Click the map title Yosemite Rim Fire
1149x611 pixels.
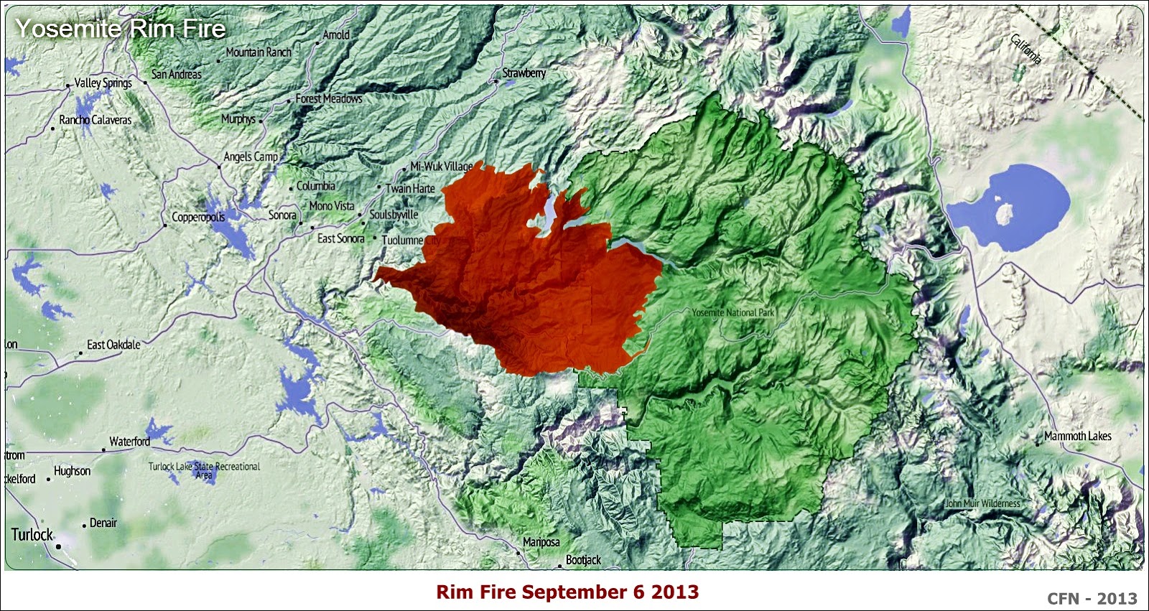coord(121,29)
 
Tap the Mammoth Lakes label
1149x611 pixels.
coord(1077,436)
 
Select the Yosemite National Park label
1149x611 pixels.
coord(733,312)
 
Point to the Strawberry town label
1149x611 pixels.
coord(524,73)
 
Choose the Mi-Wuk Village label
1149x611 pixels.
coord(441,166)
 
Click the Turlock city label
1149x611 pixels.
coord(32,534)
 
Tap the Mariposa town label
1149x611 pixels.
coord(541,542)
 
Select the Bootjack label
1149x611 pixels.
coord(583,560)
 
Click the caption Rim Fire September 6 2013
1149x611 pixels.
coord(567,592)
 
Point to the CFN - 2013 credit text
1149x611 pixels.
coord(1092,598)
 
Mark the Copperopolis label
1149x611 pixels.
coord(198,217)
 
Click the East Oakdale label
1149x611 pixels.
coord(113,345)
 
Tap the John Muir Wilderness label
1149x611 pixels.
coord(982,503)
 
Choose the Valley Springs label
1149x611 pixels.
coord(103,83)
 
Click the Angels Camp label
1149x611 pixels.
coord(251,157)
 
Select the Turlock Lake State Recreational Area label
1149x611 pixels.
coord(204,470)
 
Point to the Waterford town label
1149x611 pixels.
coord(130,442)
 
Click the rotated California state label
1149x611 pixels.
coord(1025,49)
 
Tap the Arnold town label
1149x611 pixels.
coord(336,34)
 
